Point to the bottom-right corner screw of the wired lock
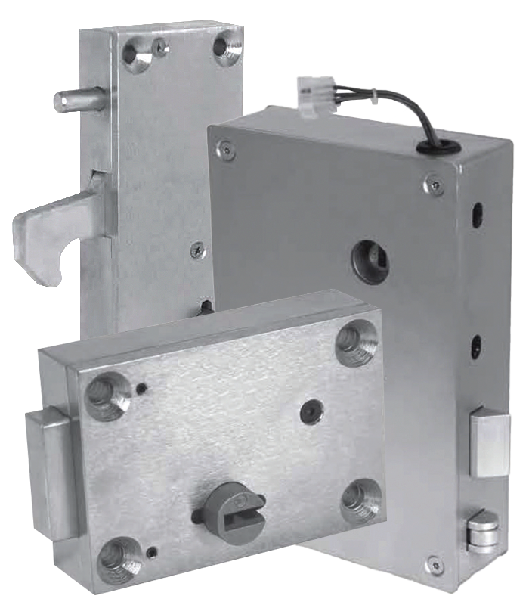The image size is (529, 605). [x=432, y=563]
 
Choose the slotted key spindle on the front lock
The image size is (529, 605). [x=230, y=506]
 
